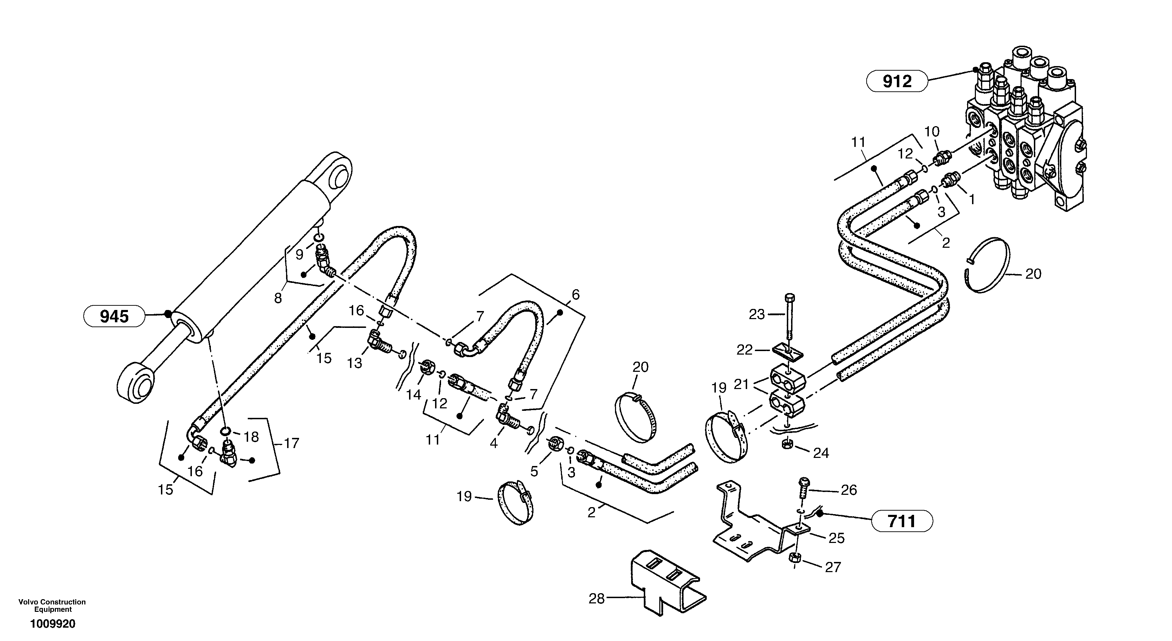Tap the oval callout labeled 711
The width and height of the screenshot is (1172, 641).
901,521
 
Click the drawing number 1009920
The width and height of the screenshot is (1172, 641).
53,624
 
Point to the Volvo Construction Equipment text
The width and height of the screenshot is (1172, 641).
52,606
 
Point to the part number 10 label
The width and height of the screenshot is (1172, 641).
931,131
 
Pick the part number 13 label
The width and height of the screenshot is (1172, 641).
355,363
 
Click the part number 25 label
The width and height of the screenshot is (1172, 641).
837,538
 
